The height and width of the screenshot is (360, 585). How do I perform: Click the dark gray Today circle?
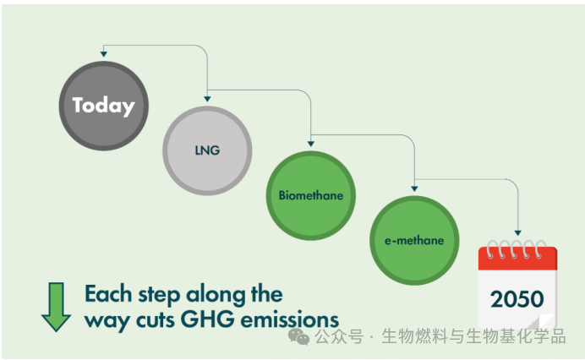pos(103,106)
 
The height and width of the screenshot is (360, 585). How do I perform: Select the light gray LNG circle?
pos(207,150)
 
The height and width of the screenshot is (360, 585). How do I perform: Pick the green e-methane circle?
pos(414,240)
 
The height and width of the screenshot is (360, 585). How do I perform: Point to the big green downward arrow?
pos(56,306)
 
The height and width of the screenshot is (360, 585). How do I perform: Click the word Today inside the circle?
pos(103,106)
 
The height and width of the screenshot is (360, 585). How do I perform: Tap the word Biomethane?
pos(310,195)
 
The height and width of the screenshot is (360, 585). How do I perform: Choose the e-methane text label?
pos(414,241)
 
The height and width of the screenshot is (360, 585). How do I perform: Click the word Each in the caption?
pos(108,294)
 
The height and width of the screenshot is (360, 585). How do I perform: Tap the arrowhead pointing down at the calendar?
pos(517,232)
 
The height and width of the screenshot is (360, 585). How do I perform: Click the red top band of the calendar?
pos(517,257)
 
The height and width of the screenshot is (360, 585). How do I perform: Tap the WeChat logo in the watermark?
pos(298,336)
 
